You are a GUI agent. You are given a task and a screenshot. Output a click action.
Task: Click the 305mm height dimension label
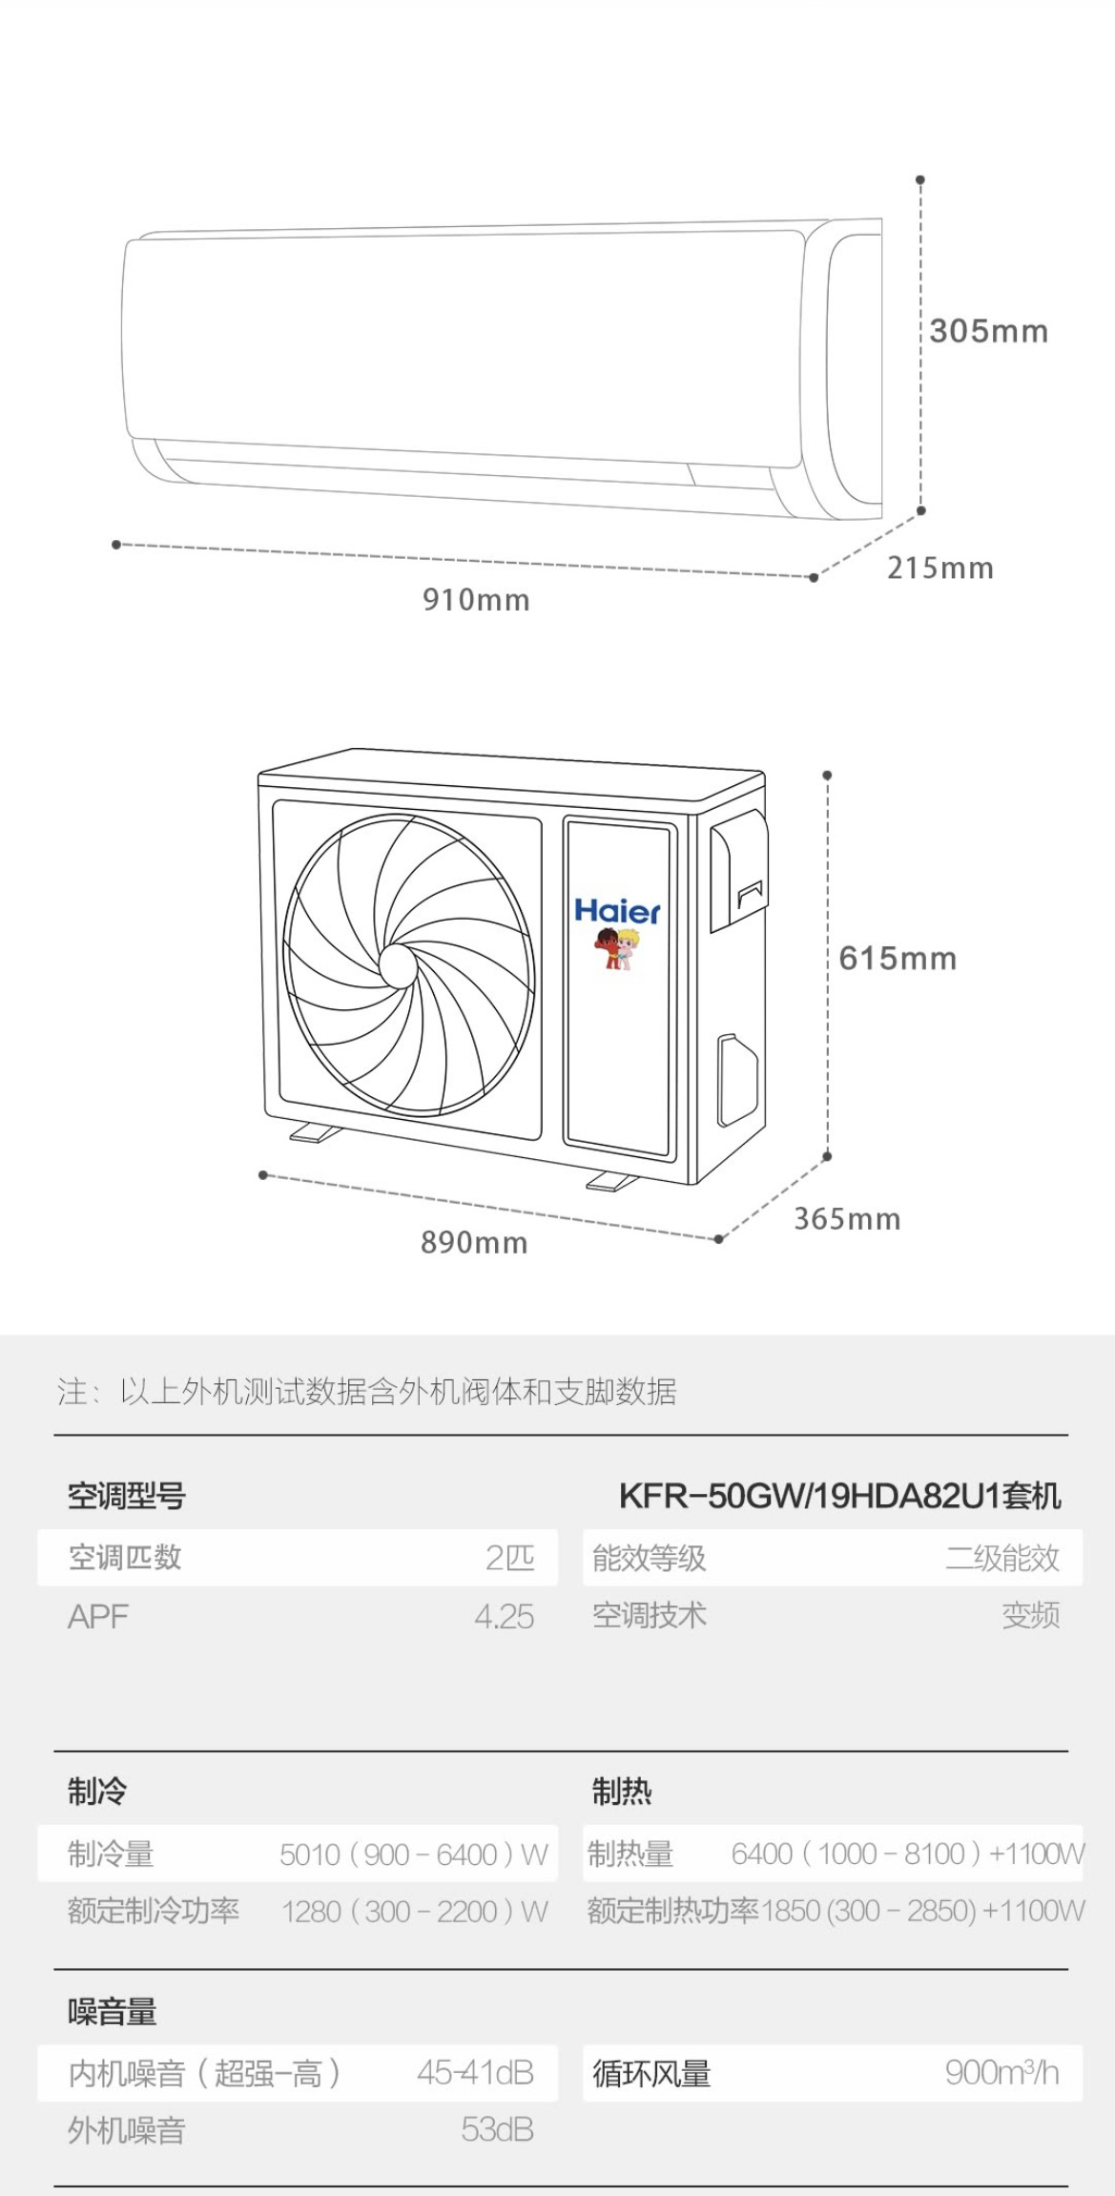pyautogui.click(x=988, y=331)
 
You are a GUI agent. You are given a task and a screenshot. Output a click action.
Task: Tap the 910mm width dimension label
pyautogui.click(x=476, y=600)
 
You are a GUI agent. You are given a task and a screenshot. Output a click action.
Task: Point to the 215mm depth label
pyautogui.click(x=939, y=569)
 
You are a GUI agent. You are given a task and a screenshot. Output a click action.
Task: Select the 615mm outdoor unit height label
pyautogui.click(x=898, y=958)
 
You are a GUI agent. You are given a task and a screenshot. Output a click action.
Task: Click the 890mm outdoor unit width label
pyautogui.click(x=474, y=1242)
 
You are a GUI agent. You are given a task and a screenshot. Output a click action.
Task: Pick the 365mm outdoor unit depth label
pyautogui.click(x=847, y=1218)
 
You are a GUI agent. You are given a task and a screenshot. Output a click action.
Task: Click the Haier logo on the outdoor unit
pyautogui.click(x=617, y=911)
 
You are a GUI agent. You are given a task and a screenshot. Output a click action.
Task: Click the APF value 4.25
pyautogui.click(x=504, y=1616)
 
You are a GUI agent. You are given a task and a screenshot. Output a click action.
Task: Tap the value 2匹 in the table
pyautogui.click(x=509, y=1558)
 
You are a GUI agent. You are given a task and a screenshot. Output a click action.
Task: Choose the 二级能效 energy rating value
pyautogui.click(x=1001, y=1558)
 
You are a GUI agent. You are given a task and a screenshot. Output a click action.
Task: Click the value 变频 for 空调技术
pyautogui.click(x=1030, y=1615)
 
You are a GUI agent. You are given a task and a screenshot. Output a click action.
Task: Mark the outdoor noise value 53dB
pyautogui.click(x=497, y=2129)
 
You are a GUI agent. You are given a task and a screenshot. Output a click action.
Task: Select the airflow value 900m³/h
pyautogui.click(x=1001, y=2072)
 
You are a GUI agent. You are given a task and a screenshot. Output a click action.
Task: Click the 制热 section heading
pyautogui.click(x=621, y=1792)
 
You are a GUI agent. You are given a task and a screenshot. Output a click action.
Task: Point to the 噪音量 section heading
pyautogui.click(x=113, y=2011)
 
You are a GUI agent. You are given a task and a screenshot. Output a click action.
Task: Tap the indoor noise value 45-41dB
pyautogui.click(x=475, y=2072)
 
